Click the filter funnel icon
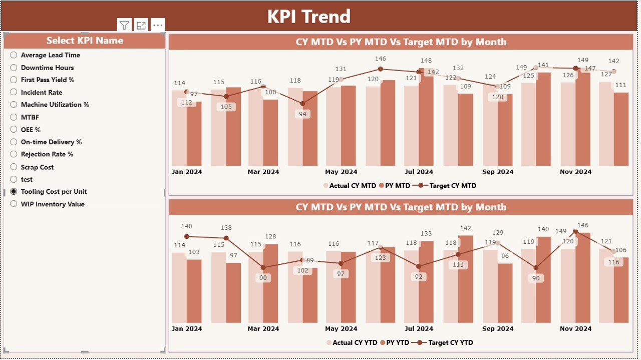pos(125,26)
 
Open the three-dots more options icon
pos(158,26)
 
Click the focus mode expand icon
pos(141,26)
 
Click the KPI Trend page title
pos(308,17)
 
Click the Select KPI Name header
pos(85,41)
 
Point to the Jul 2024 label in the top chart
pos(419,172)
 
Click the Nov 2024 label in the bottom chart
pos(575,329)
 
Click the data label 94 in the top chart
pos(302,114)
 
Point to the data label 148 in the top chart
pos(426,61)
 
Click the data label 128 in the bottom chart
pos(270,236)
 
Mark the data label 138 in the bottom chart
pos(226,228)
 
